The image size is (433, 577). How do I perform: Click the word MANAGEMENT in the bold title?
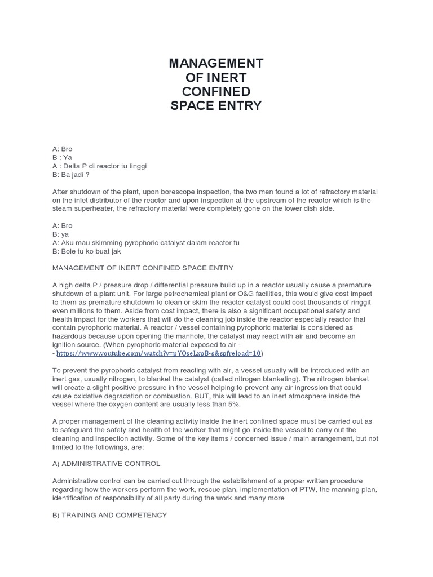coord(216,63)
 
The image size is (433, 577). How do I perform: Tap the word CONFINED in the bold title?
coord(216,91)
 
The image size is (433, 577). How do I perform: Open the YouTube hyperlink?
coord(159,353)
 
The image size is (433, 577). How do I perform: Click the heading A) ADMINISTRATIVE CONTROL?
coord(106,463)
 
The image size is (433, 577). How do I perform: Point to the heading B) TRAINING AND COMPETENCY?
coord(109,515)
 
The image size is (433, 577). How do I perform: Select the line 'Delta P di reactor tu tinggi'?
coord(105,166)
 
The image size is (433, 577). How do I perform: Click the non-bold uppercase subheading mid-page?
coord(143,268)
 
